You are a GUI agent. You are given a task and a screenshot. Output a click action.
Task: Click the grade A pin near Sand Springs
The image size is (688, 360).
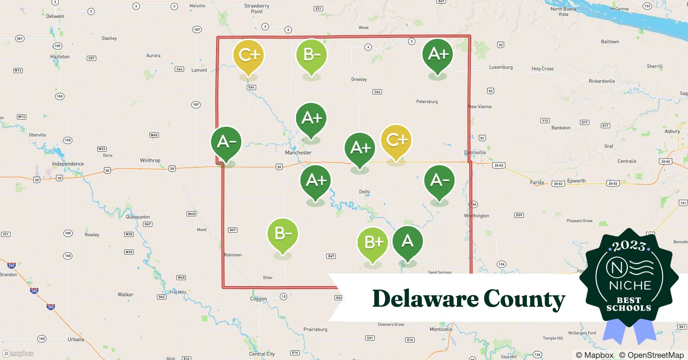(x=407, y=242)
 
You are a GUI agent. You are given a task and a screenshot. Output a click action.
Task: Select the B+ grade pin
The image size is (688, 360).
(x=373, y=243)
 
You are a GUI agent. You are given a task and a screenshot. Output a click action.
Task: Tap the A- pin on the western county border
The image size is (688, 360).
(x=226, y=142)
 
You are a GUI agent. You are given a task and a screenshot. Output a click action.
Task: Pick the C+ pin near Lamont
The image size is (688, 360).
(x=249, y=55)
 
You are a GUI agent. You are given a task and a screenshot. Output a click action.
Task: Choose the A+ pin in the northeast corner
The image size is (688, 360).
(x=438, y=54)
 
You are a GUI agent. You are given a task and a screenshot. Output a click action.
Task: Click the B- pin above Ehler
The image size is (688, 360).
(x=283, y=234)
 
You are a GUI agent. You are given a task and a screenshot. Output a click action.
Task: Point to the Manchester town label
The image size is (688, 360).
(x=298, y=153)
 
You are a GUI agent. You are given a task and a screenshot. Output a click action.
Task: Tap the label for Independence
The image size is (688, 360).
(x=68, y=164)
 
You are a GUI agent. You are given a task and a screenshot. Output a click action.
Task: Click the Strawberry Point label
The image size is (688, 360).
(x=256, y=9)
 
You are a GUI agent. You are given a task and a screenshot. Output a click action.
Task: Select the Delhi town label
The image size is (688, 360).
(x=364, y=192)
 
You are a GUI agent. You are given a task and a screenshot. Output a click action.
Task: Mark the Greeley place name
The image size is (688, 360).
(x=359, y=79)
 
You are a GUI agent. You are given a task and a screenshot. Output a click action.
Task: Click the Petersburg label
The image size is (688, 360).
(x=427, y=102)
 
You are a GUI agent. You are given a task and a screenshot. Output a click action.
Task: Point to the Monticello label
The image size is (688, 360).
(x=441, y=329)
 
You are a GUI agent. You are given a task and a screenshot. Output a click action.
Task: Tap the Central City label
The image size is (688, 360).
(x=262, y=354)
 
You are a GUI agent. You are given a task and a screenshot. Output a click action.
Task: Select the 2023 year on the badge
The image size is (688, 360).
(x=629, y=246)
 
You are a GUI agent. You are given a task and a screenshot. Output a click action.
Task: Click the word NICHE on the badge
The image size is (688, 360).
(x=630, y=285)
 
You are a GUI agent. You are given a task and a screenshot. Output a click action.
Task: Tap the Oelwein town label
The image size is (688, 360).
(x=55, y=16)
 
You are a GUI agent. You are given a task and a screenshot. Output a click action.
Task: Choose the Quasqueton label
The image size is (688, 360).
(x=138, y=217)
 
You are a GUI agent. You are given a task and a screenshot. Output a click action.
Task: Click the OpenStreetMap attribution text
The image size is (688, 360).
(x=651, y=355)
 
